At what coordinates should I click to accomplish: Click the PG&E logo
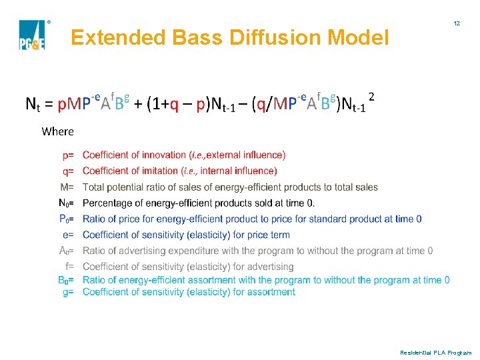pyautogui.click(x=31, y=35)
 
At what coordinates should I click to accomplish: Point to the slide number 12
pyautogui.click(x=457, y=23)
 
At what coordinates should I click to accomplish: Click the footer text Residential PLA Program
pyautogui.click(x=435, y=352)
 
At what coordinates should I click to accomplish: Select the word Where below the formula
pyautogui.click(x=57, y=131)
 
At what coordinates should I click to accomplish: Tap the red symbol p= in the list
pyautogui.click(x=68, y=155)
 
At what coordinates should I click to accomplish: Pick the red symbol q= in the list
pyautogui.click(x=68, y=171)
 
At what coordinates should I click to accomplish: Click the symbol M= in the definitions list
pyautogui.click(x=67, y=187)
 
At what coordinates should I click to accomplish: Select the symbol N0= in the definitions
pyautogui.click(x=66, y=203)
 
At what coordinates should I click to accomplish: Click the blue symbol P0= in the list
pyautogui.click(x=67, y=219)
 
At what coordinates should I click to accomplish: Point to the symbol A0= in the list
pyautogui.click(x=66, y=251)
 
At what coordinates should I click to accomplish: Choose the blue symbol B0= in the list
pyautogui.click(x=66, y=280)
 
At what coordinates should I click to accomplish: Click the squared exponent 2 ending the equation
pyautogui.click(x=371, y=97)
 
